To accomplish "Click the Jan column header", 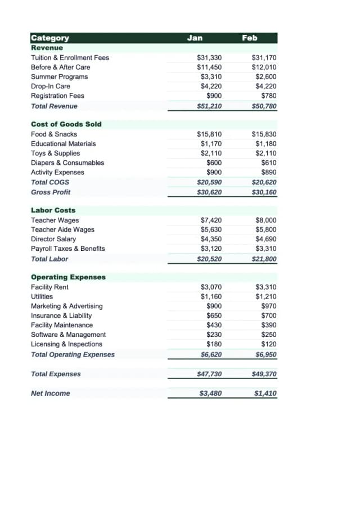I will point(195,38).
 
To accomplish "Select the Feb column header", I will point(249,38).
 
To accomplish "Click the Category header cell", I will point(50,38).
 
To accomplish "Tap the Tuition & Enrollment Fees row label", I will point(70,57).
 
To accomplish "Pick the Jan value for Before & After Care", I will point(209,67).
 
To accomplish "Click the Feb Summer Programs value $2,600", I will point(265,76).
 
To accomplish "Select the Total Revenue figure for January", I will point(209,106).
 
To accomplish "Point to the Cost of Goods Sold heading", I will point(66,124).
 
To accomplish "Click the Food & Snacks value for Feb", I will point(264,134).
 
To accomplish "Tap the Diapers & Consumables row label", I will point(67,163).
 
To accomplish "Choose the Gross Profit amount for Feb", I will point(264,192).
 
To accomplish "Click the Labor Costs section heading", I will point(53,210).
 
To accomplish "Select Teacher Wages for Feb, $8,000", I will point(265,220).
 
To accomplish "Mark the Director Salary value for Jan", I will point(211,239).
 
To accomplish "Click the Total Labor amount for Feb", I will point(264,259).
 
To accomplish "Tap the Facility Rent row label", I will point(49,287).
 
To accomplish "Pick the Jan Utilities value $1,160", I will point(211,296).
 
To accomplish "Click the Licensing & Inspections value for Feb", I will point(268,344).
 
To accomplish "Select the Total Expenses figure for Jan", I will point(209,374).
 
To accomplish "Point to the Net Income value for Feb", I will point(265,393).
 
